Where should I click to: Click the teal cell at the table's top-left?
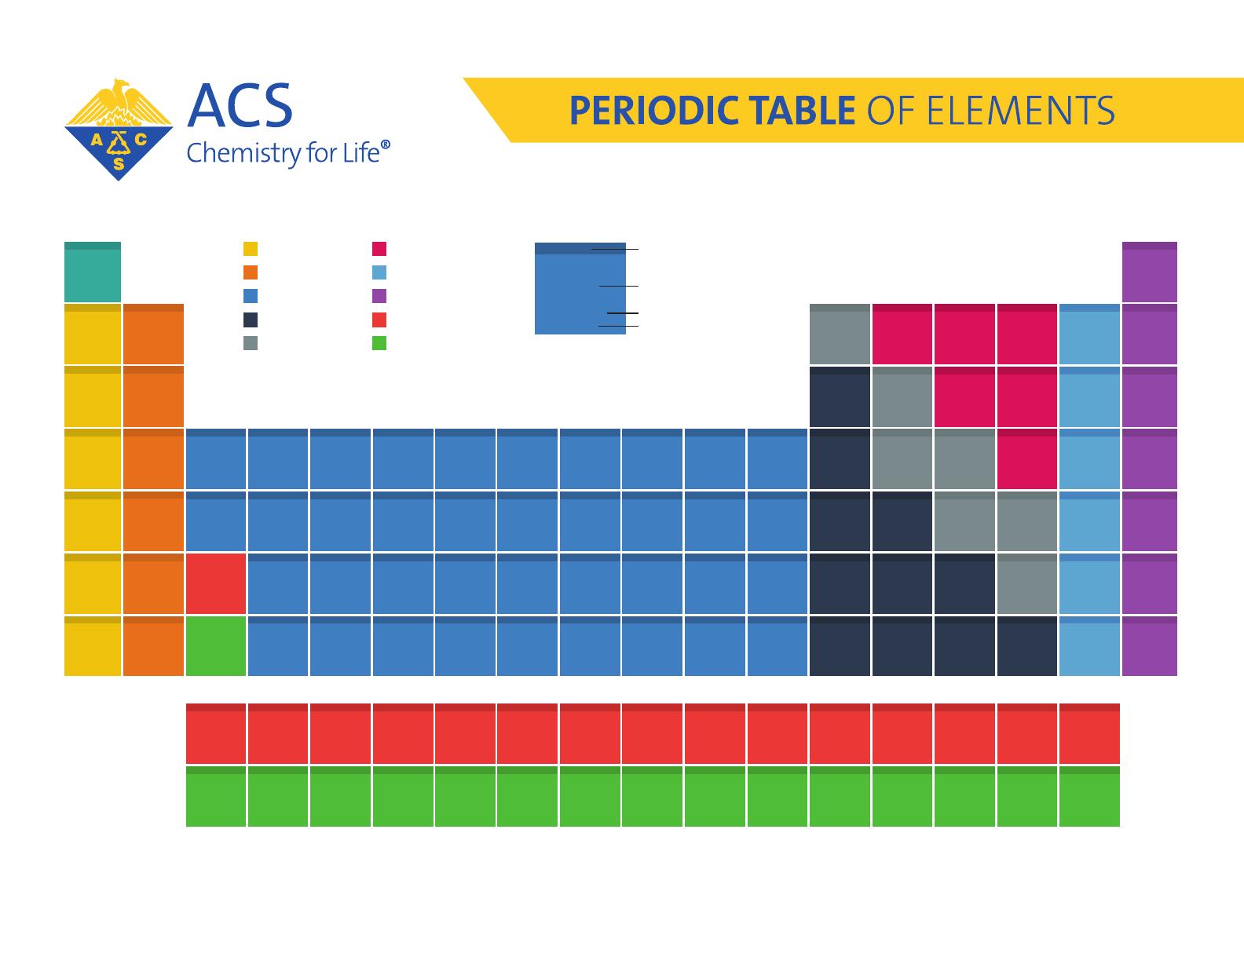tap(93, 272)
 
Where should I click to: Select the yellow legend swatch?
tap(251, 249)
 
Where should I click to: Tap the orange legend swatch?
tap(251, 272)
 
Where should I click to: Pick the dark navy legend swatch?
tap(251, 320)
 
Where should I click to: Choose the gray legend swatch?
tap(251, 343)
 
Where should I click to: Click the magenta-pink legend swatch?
tap(379, 249)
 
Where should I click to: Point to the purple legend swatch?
tap(379, 296)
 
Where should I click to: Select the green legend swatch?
tap(379, 343)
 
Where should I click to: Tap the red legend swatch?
tap(379, 320)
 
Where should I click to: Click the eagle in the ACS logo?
tap(119, 100)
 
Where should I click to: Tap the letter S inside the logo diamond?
tap(119, 163)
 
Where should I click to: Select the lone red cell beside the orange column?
tap(216, 584)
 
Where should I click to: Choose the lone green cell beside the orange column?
tap(216, 646)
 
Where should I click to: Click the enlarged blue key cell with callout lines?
tap(580, 289)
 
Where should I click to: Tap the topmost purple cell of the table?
tap(1150, 272)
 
